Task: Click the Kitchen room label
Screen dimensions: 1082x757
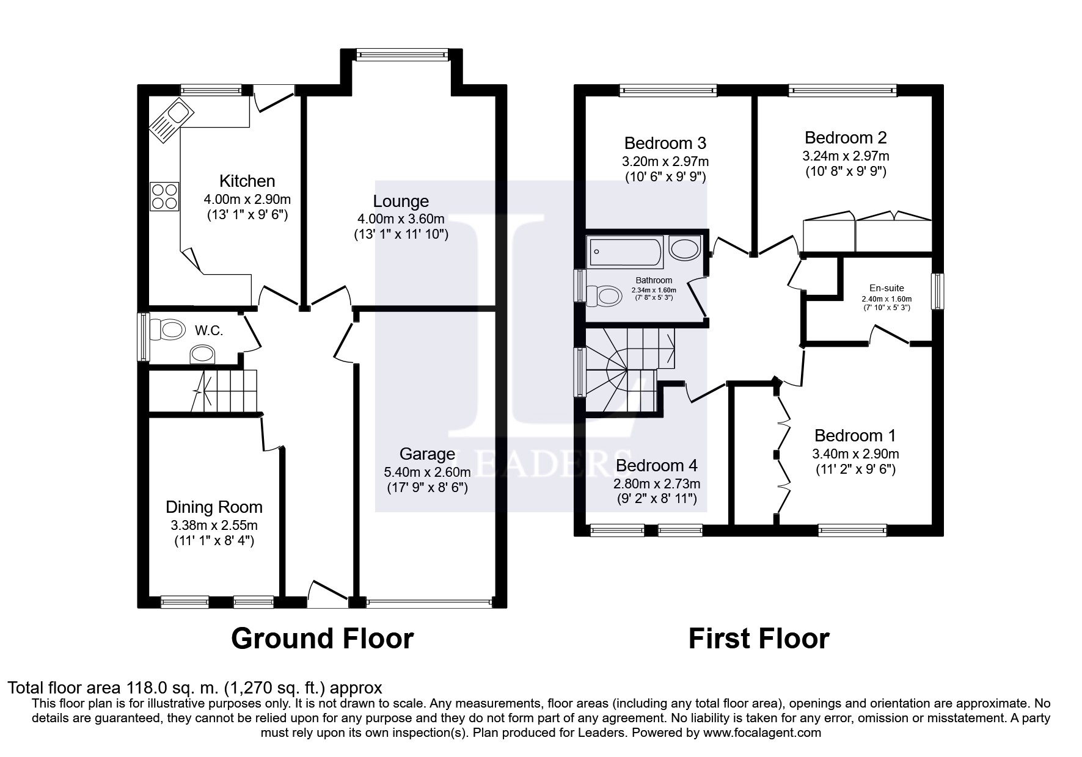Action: [247, 181]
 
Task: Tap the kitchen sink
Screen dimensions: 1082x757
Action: [172, 120]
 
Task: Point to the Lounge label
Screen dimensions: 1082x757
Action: [401, 201]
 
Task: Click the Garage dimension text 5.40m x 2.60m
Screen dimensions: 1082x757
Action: [427, 472]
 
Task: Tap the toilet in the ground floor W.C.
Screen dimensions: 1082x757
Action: [167, 330]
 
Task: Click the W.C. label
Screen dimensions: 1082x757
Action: [208, 331]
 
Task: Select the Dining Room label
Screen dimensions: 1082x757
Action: [214, 507]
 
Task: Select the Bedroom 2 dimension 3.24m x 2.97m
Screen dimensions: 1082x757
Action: [846, 156]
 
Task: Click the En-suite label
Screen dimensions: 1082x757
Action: [886, 288]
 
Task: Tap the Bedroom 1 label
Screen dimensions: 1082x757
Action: [855, 435]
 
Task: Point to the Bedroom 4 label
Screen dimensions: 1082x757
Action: [656, 465]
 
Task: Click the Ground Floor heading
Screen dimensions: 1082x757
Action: [322, 639]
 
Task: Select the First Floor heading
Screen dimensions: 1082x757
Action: [758, 639]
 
